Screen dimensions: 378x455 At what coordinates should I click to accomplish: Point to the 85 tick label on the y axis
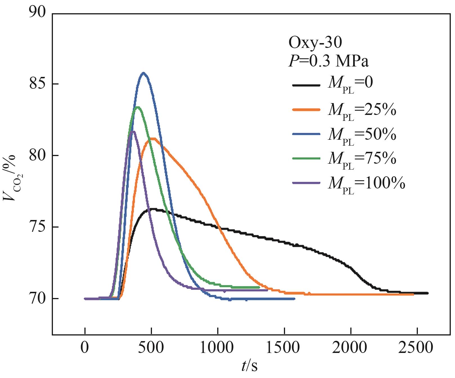click(37, 84)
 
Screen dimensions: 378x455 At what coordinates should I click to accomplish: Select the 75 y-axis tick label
click(37, 227)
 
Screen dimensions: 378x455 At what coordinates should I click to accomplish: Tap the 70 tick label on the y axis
click(37, 299)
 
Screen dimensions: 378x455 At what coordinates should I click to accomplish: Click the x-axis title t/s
click(249, 366)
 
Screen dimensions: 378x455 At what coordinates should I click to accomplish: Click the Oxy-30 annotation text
click(315, 43)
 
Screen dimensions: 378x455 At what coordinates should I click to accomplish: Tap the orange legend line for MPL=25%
click(306, 110)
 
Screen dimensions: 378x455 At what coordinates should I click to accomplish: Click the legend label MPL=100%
click(366, 184)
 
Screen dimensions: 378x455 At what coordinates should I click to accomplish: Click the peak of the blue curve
click(144, 73)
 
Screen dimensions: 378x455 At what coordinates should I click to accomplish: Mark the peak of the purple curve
click(133, 131)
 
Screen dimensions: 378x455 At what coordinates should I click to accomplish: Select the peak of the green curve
click(138, 107)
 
